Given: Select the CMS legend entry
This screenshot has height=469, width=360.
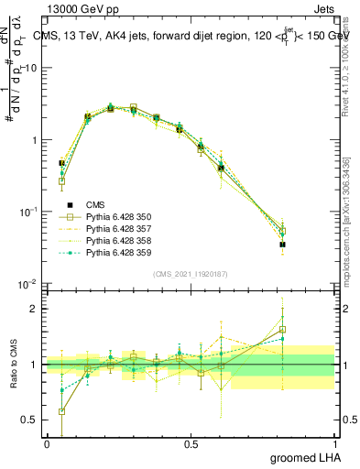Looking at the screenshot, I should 98,204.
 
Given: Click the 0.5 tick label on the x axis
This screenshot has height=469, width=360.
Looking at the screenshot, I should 191,444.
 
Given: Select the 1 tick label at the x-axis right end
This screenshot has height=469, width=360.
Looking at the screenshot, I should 333,444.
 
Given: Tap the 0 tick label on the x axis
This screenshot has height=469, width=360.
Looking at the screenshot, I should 47,444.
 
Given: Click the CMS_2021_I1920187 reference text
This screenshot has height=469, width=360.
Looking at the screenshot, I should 191,274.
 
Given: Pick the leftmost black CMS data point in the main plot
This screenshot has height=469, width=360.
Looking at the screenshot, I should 61,163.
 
